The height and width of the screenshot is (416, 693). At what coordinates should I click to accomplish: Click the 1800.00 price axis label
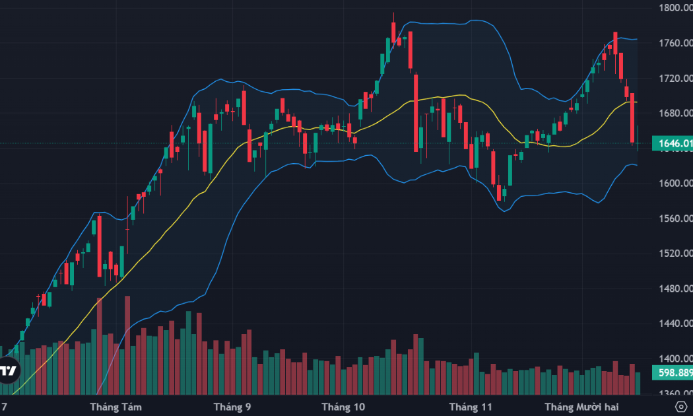[x=675, y=8]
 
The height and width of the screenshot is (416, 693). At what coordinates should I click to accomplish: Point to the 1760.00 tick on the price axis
[x=675, y=44]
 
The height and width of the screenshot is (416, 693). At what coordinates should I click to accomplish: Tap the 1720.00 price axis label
[x=675, y=79]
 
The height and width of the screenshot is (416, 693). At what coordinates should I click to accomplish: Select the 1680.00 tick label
[x=675, y=114]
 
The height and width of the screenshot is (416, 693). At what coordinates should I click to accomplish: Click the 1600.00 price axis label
[x=675, y=184]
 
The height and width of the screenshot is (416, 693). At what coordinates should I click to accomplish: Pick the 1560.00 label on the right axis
[x=675, y=219]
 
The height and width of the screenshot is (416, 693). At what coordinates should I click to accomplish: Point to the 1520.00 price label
[x=675, y=254]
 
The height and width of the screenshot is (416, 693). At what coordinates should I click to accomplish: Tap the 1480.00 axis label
[x=675, y=289]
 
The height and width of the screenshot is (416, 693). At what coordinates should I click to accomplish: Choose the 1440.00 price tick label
[x=675, y=324]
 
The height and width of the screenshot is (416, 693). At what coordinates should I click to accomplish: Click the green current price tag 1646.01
[x=673, y=143]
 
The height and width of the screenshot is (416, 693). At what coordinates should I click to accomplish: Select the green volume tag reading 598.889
[x=673, y=373]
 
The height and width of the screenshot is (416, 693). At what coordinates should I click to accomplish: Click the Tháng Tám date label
[x=115, y=406]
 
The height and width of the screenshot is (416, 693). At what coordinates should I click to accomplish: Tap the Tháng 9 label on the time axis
[x=232, y=406]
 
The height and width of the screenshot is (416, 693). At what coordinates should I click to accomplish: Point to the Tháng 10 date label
[x=343, y=406]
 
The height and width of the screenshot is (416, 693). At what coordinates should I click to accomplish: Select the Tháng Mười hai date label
[x=581, y=406]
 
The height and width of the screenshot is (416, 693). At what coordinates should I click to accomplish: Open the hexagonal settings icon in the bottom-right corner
[x=682, y=406]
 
